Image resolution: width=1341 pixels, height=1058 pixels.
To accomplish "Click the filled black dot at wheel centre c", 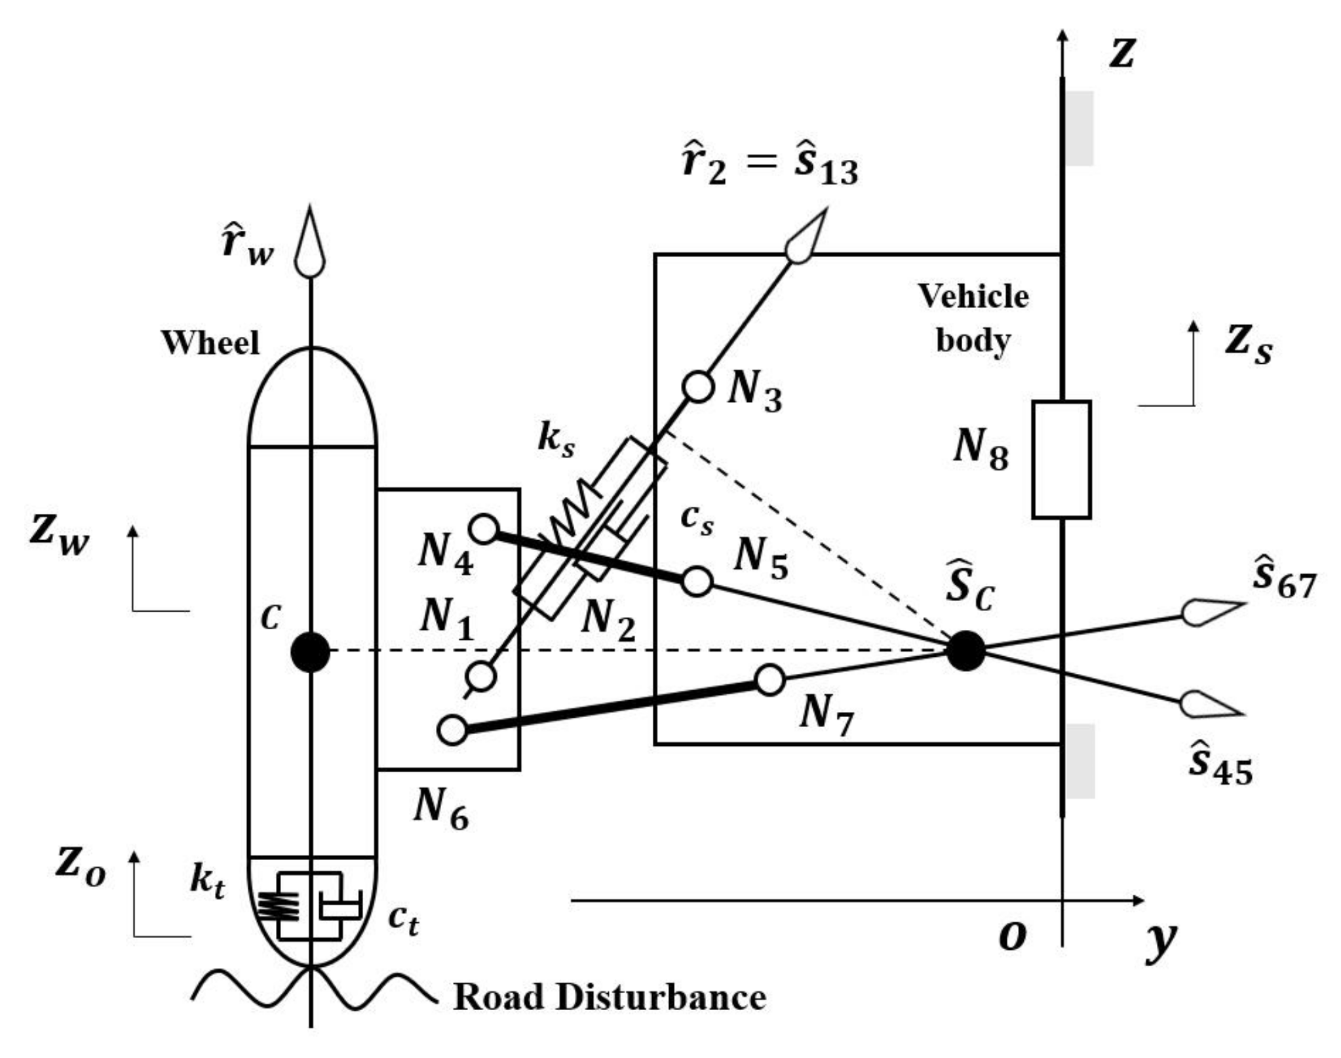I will [x=310, y=652].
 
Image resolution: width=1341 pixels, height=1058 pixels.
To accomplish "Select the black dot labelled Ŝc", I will [x=965, y=650].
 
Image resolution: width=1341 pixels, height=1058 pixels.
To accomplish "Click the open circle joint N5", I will [x=697, y=581].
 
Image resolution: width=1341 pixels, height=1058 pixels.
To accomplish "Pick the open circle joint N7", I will [x=770, y=680].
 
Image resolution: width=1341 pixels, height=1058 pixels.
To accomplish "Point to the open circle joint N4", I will [x=484, y=528].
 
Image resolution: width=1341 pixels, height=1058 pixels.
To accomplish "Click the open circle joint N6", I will [x=452, y=730].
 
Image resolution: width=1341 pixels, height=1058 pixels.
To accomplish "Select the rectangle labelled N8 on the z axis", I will [x=1061, y=460].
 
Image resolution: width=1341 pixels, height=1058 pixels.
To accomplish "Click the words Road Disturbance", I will [x=610, y=997].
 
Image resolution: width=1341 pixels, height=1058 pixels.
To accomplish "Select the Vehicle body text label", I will [x=973, y=319].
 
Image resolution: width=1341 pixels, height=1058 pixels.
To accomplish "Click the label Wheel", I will [x=210, y=343].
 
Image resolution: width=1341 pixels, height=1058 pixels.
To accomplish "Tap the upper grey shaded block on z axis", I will [x=1079, y=128].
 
